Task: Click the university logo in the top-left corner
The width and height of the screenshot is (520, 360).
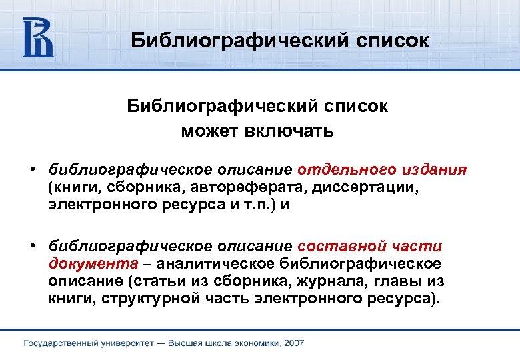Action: coord(38,37)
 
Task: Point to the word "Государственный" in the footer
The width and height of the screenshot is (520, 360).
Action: coord(63,343)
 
